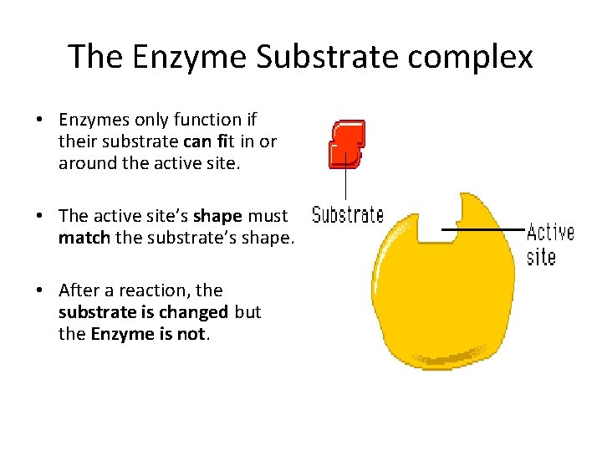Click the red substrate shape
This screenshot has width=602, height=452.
click(x=347, y=143)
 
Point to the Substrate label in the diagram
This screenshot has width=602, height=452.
click(x=348, y=215)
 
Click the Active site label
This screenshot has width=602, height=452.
click(x=549, y=244)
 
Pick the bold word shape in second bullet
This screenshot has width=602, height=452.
click(x=217, y=216)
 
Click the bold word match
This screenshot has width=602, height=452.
click(x=84, y=238)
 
